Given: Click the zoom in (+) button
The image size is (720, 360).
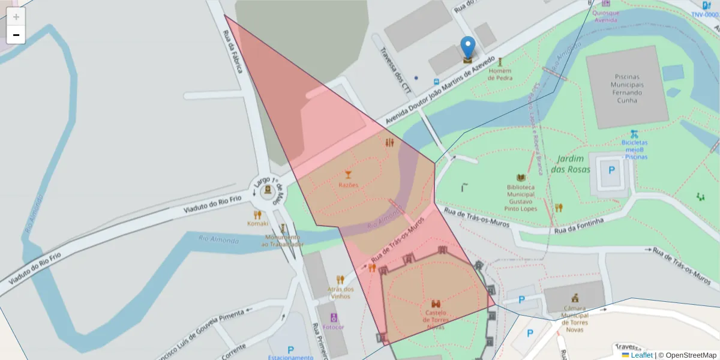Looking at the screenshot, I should click(x=16, y=17).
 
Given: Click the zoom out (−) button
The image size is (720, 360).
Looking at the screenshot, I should click(x=16, y=35).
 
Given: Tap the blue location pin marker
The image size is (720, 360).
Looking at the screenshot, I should click(x=467, y=48).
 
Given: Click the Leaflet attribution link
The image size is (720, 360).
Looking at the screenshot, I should click(x=641, y=355).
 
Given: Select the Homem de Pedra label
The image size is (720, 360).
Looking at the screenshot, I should click(x=500, y=74).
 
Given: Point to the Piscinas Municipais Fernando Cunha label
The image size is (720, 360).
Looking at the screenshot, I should click(x=627, y=89).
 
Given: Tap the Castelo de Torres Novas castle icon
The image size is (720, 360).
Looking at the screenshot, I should click(x=436, y=304).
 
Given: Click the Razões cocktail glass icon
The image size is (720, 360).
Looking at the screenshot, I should click(x=348, y=175).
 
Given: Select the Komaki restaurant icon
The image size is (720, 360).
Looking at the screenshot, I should click(x=257, y=214).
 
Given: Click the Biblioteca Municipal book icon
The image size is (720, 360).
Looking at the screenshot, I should click(x=521, y=178).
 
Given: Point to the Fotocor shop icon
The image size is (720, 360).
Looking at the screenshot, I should click(x=334, y=317).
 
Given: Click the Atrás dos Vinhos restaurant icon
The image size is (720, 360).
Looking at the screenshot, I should click(x=340, y=280).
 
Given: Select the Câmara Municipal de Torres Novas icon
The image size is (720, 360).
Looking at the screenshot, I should click(x=575, y=297).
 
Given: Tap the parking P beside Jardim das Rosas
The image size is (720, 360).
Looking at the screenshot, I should click(x=611, y=170).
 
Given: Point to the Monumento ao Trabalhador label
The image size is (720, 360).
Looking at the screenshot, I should click(x=283, y=241).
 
